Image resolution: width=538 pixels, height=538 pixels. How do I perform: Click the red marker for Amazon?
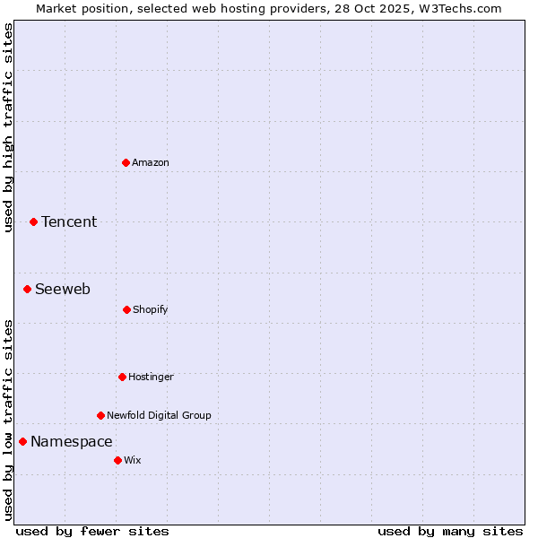tap(126, 162)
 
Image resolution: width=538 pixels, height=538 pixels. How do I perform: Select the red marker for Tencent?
tap(33, 221)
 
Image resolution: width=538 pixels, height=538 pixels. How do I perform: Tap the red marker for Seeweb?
tap(27, 289)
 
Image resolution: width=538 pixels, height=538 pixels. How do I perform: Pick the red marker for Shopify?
tap(126, 309)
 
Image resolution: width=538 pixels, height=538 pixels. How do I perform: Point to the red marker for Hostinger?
tap(122, 377)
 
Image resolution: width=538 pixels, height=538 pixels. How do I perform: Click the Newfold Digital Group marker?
tap(100, 415)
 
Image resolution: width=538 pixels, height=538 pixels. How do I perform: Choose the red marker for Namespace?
tap(22, 441)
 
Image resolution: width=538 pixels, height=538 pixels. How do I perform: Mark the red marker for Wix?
tap(117, 460)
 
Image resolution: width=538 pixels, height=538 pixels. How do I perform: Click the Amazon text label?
tap(151, 162)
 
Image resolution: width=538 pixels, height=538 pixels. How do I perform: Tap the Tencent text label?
tap(69, 221)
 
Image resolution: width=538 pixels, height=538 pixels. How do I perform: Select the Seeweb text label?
tap(63, 289)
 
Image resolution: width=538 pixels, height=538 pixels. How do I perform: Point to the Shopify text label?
tap(151, 309)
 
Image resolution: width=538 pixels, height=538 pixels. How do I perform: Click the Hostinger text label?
tap(151, 377)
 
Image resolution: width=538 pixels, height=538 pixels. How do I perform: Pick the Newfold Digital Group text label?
tap(160, 415)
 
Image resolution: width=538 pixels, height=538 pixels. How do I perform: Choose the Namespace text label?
tap(72, 441)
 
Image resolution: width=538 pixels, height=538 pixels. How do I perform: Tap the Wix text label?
tap(133, 460)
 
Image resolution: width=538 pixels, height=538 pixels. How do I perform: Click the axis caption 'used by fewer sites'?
tap(92, 531)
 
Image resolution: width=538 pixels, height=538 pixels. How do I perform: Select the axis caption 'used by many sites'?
tap(450, 531)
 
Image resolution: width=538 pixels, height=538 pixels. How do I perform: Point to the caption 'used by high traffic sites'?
tap(8, 127)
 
